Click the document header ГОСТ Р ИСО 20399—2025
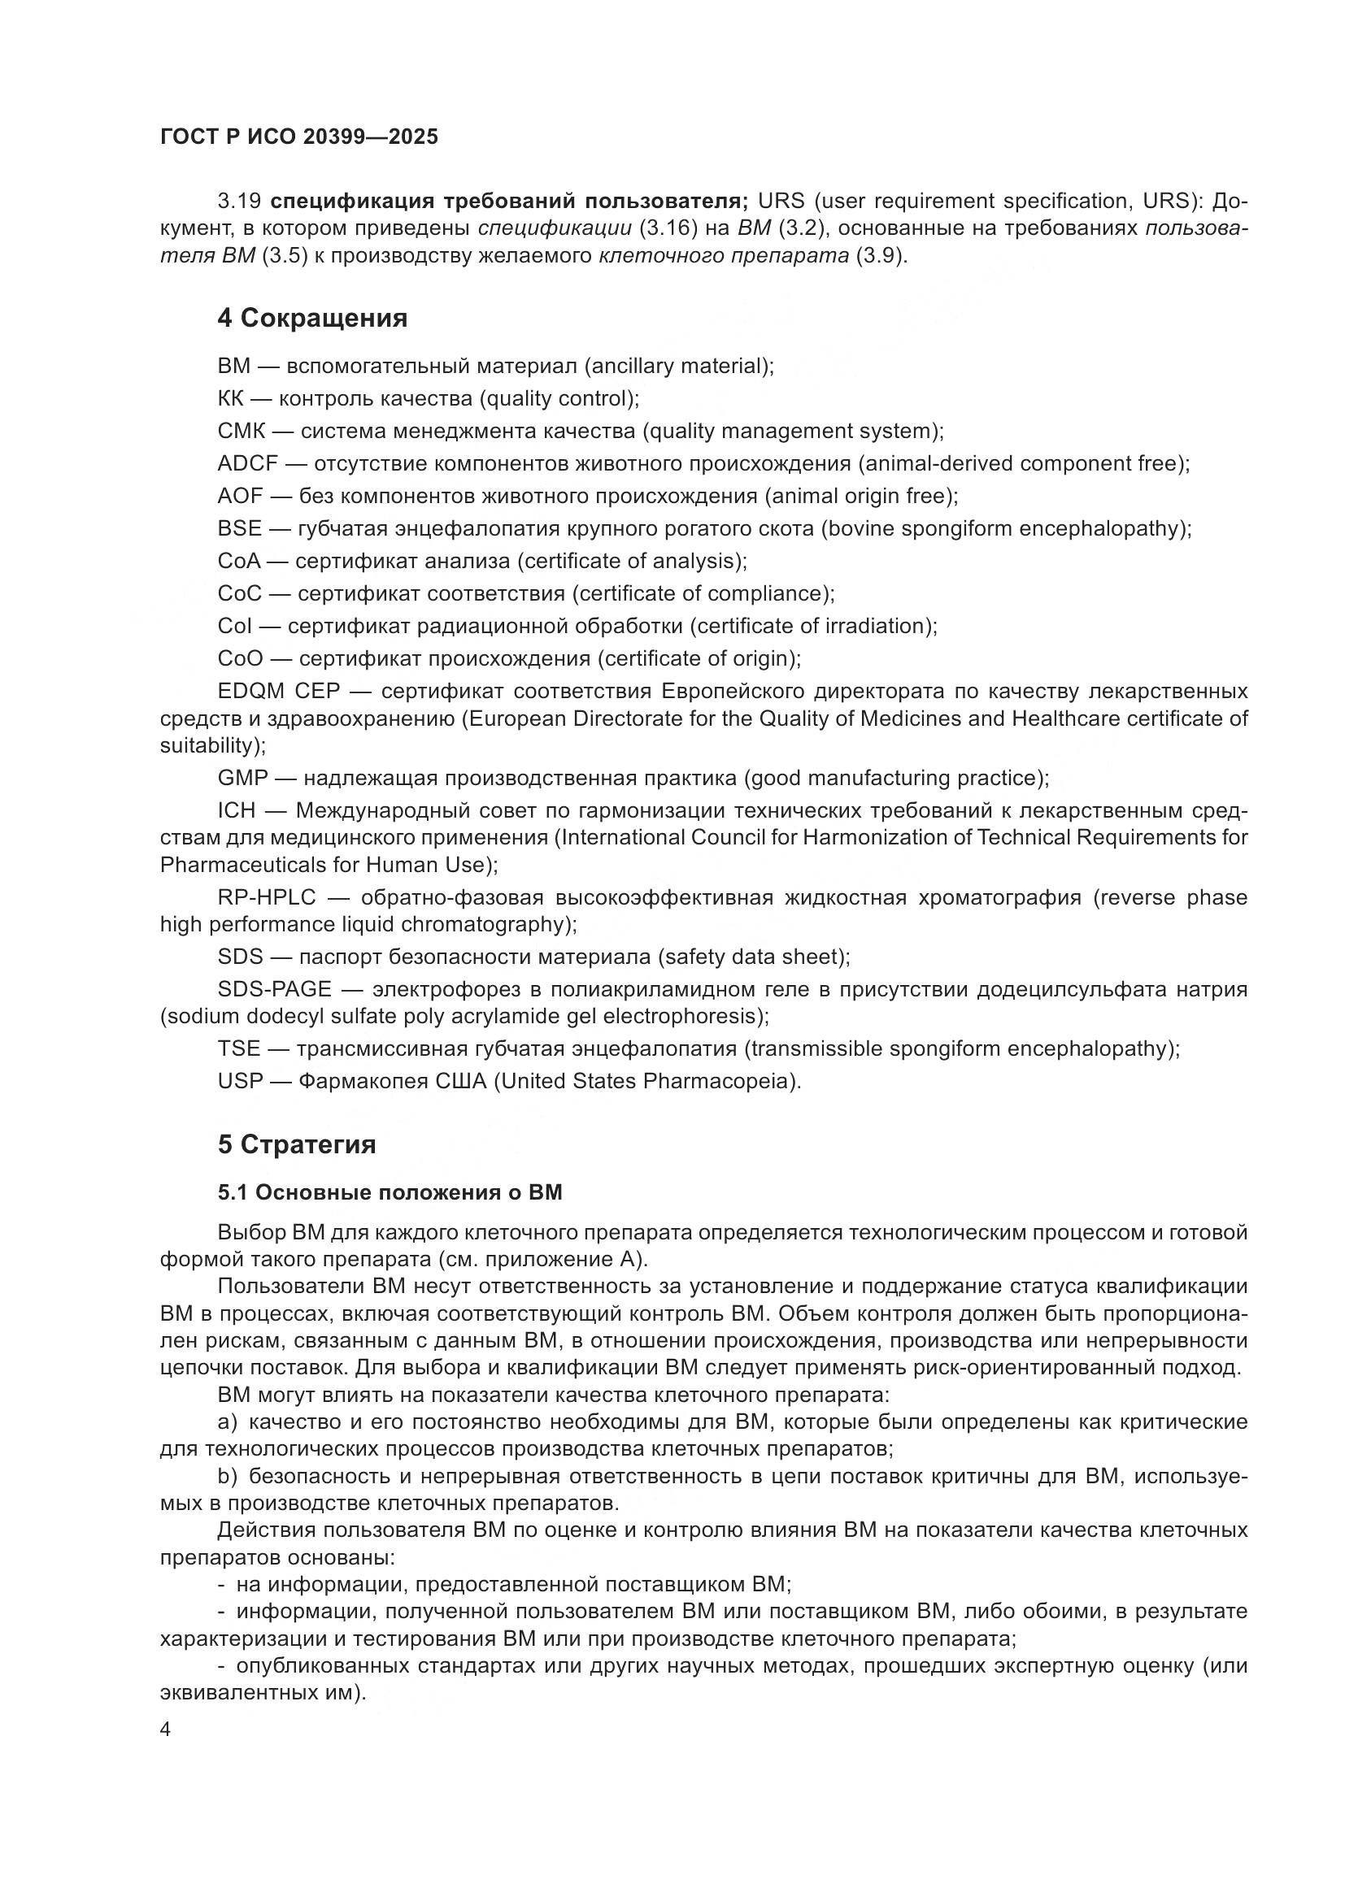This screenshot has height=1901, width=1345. coord(299,137)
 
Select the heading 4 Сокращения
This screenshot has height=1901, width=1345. coord(312,318)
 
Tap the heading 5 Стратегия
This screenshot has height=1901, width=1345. coord(297,1144)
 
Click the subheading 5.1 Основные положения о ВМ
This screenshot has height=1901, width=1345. coord(390,1192)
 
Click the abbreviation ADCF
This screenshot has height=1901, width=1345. coord(248,463)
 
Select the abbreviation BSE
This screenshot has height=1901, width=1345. coord(239,528)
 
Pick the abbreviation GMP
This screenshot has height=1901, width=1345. coord(242,779)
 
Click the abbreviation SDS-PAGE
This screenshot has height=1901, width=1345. coord(274,989)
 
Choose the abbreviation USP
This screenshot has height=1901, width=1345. coord(240,1081)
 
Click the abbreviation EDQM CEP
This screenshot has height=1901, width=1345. coord(273,692)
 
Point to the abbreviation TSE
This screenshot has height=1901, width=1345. coord(238,1049)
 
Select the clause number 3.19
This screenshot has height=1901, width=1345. coord(239,202)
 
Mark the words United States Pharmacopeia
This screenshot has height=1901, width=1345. coord(646,1081)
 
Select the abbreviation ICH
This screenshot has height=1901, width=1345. coord(237,810)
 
